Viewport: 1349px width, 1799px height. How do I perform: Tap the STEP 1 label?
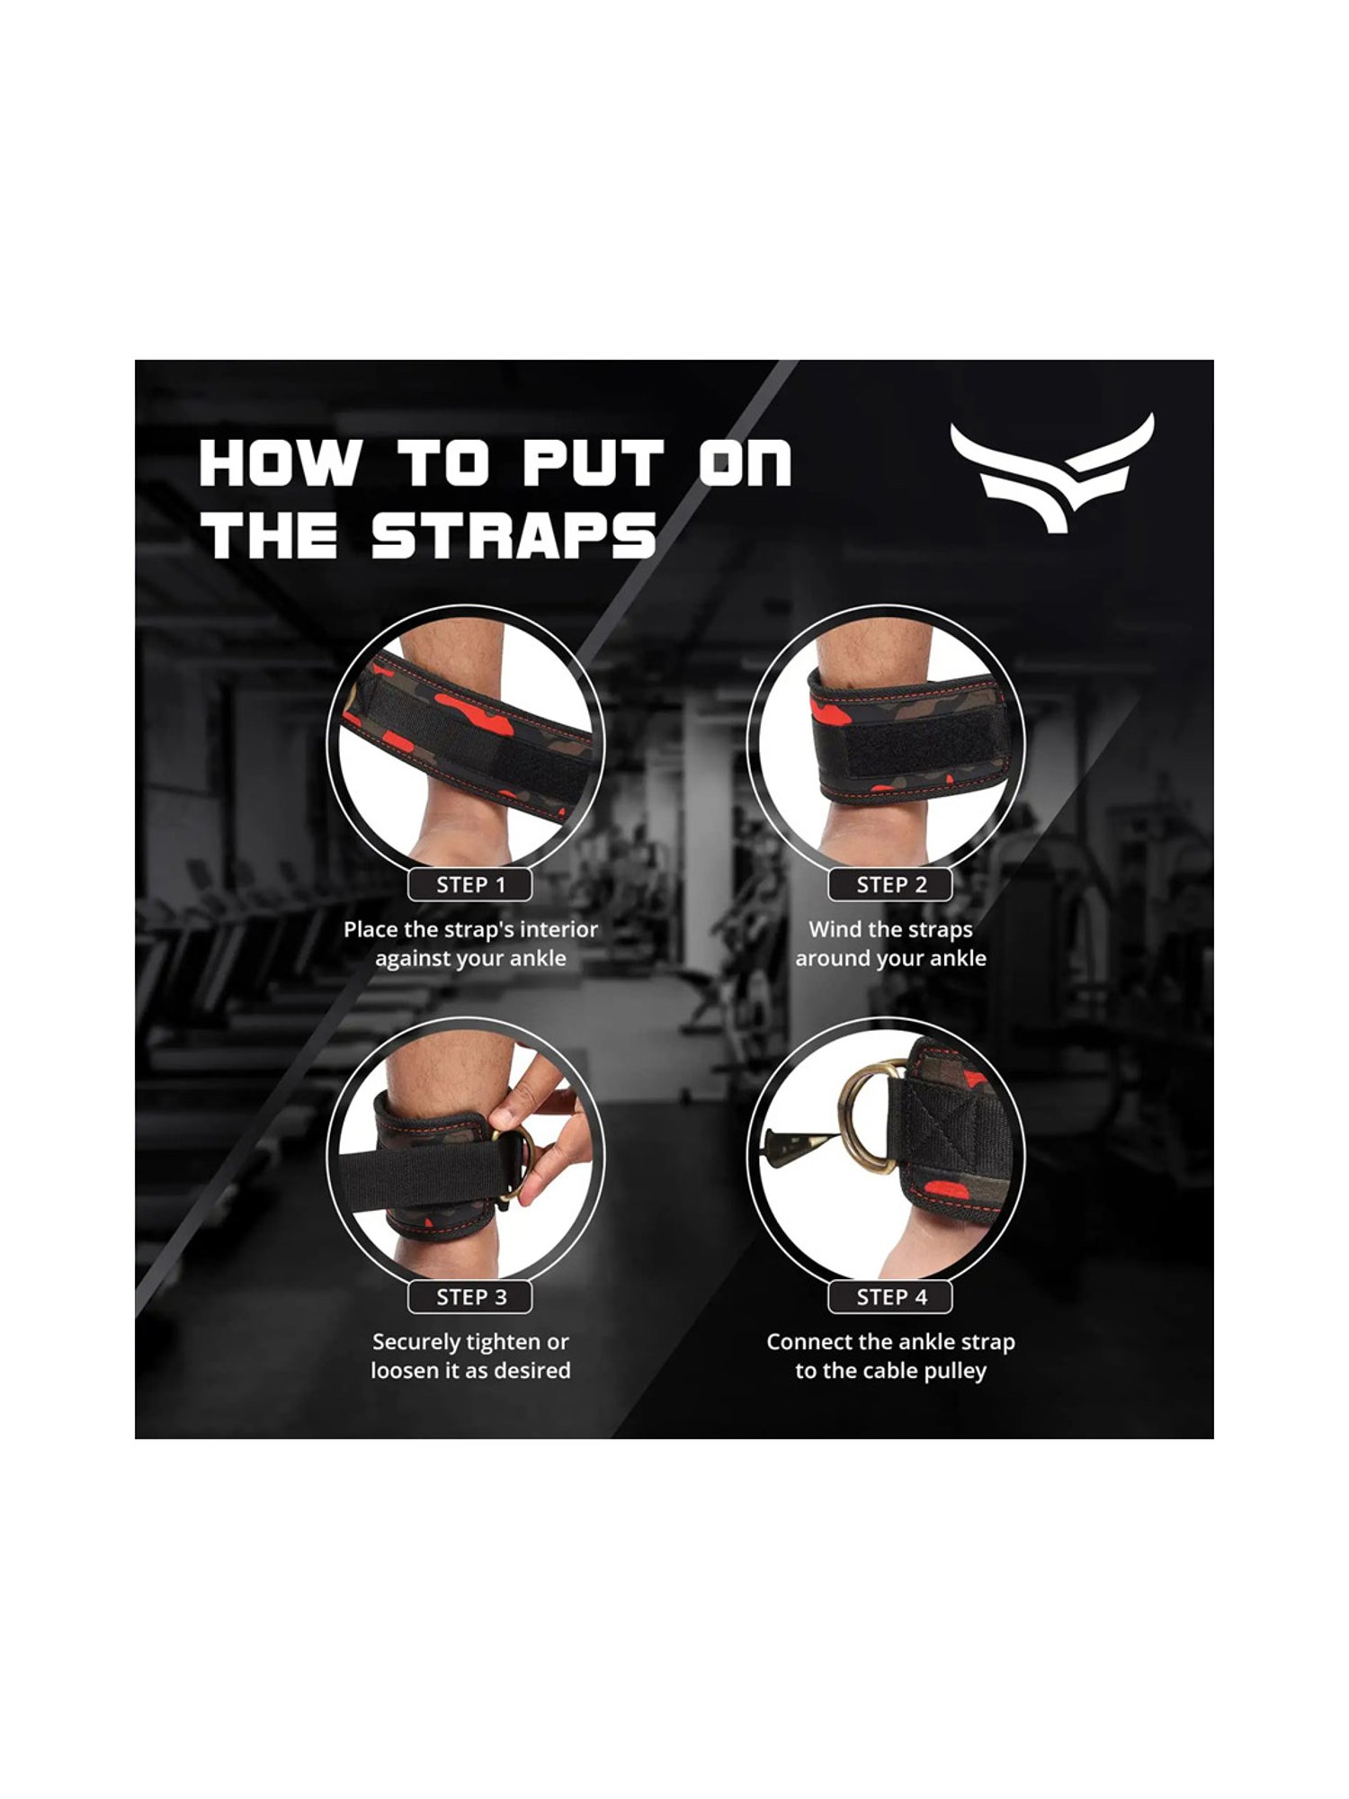[470, 885]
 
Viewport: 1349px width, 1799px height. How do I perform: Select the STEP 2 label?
[890, 885]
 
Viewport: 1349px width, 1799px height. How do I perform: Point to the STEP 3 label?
[470, 1297]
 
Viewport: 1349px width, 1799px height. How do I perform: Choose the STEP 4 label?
[890, 1297]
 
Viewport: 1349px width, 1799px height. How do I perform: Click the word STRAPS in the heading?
[514, 536]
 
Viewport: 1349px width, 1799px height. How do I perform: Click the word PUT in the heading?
[594, 463]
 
